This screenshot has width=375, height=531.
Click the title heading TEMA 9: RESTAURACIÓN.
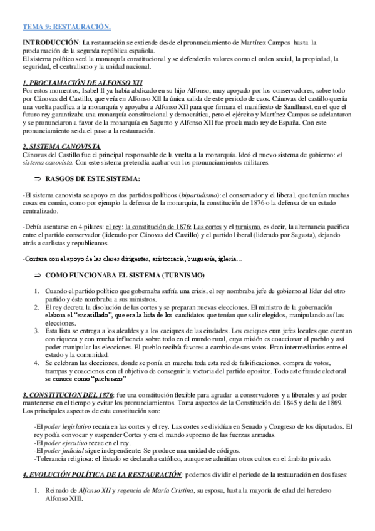(x=66, y=27)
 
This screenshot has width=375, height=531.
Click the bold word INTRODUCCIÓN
(x=46, y=41)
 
